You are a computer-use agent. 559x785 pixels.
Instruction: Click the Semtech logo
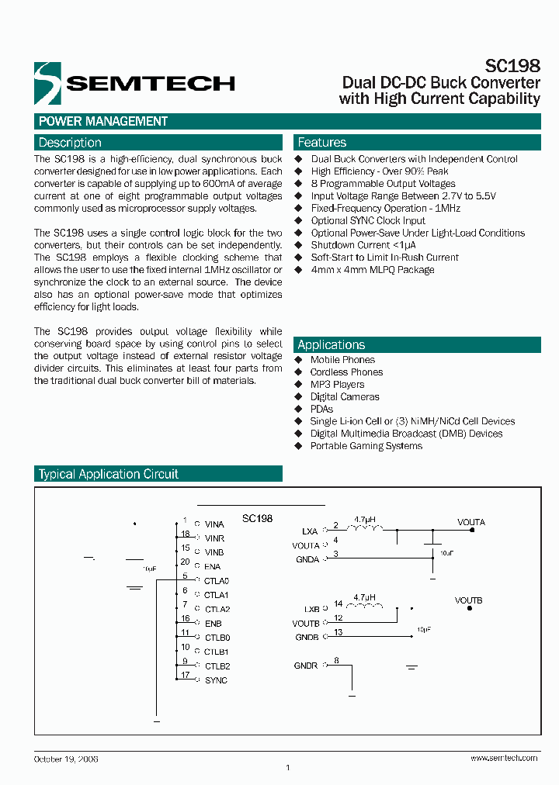[x=134, y=81]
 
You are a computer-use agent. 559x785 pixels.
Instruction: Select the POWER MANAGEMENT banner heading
[x=103, y=122]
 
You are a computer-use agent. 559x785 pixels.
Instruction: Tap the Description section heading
[x=70, y=143]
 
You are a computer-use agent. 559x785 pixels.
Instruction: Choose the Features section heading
[x=322, y=143]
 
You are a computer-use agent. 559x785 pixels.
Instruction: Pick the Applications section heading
[x=332, y=345]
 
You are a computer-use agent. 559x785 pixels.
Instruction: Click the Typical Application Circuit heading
[x=108, y=474]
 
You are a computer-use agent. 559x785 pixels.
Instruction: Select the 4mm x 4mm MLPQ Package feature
[x=373, y=270]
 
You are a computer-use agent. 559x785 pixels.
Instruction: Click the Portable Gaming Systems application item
[x=366, y=446]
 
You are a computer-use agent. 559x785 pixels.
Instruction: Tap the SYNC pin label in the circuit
[x=216, y=680]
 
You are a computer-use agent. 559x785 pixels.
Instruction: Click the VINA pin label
[x=214, y=524]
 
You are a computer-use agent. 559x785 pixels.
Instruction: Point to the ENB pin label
[x=213, y=623]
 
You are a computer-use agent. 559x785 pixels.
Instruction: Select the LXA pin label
[x=310, y=531]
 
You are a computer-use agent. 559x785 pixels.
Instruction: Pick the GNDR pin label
[x=305, y=666]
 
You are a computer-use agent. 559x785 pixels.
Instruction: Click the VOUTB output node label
[x=469, y=600]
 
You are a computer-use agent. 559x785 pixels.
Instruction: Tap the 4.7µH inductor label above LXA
[x=364, y=519]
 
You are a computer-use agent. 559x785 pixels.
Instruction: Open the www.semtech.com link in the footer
[x=504, y=758]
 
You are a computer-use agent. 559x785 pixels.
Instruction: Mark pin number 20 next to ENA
[x=185, y=562]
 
